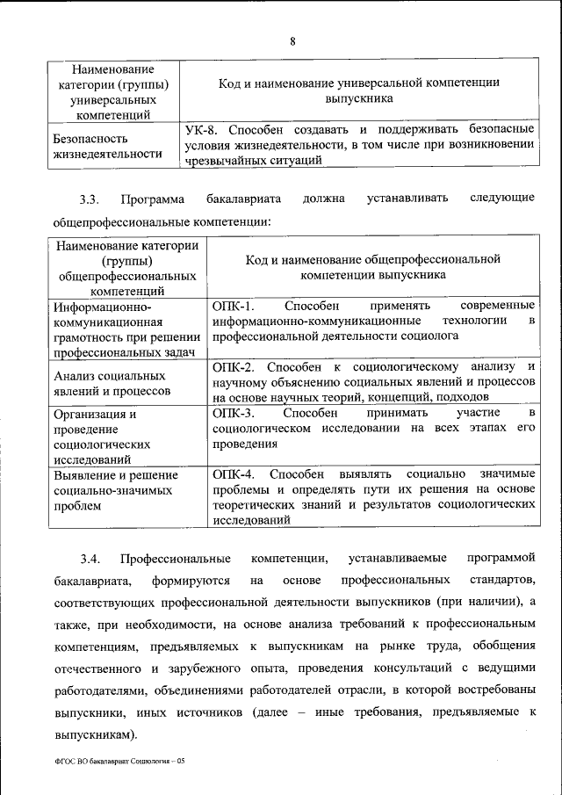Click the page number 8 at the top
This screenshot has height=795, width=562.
point(292,41)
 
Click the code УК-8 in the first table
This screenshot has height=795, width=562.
point(203,129)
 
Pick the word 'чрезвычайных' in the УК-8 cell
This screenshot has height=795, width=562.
point(222,161)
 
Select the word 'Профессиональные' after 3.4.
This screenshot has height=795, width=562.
point(177,559)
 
